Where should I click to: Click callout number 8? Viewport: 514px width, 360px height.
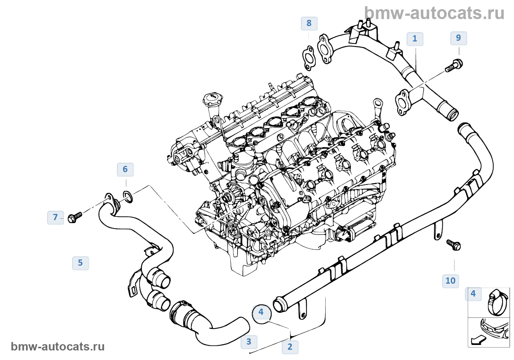(309, 23)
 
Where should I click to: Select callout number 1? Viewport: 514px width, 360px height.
(415, 39)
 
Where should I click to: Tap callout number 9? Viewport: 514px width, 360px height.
(459, 38)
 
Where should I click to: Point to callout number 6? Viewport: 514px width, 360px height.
(125, 170)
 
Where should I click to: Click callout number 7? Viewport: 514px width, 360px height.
(55, 217)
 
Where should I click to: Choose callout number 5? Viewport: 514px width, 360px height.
(80, 263)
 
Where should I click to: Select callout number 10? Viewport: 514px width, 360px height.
(450, 281)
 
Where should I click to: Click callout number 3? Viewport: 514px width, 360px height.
(249, 342)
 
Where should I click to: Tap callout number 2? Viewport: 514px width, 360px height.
(290, 347)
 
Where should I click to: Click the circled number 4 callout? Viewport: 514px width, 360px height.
(261, 312)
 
